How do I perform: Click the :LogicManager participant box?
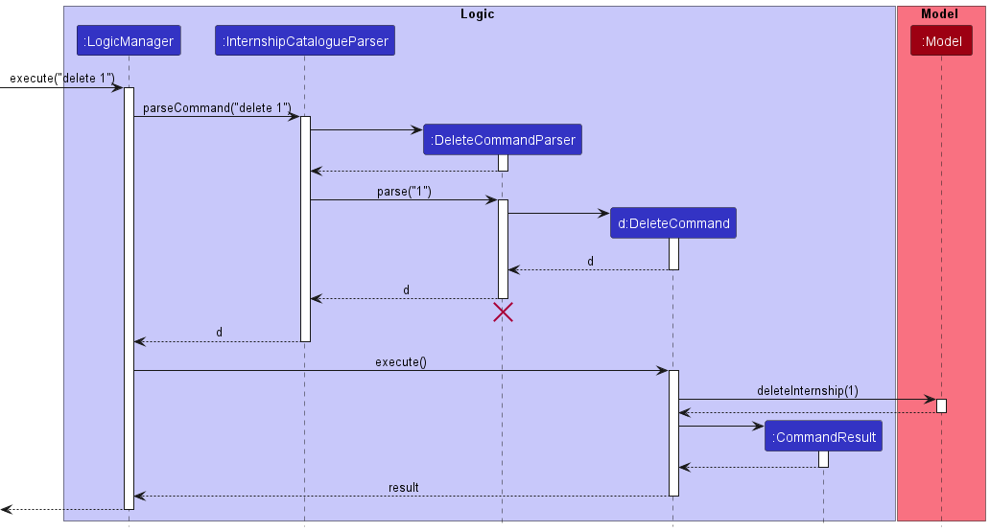pyautogui.click(x=129, y=40)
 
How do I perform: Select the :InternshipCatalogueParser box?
pyautogui.click(x=305, y=40)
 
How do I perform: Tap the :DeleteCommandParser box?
pyautogui.click(x=503, y=139)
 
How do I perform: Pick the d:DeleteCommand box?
pyautogui.click(x=673, y=222)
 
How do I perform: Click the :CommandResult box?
pyautogui.click(x=823, y=436)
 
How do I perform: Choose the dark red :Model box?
pyautogui.click(x=941, y=40)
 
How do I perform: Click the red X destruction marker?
pyautogui.click(x=504, y=312)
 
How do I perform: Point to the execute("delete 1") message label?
pyautogui.click(x=61, y=79)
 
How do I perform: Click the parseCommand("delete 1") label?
pyautogui.click(x=217, y=108)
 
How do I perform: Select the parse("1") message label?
pyautogui.click(x=404, y=191)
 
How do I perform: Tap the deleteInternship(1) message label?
pyautogui.click(x=808, y=391)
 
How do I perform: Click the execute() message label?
pyautogui.click(x=401, y=361)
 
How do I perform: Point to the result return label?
pyautogui.click(x=404, y=487)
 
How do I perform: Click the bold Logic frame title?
pyautogui.click(x=478, y=13)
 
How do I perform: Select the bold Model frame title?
pyautogui.click(x=939, y=13)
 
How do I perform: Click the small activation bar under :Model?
pyautogui.click(x=941, y=405)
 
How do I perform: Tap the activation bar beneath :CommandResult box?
pyautogui.click(x=823, y=459)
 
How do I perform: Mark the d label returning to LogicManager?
pyautogui.click(x=219, y=332)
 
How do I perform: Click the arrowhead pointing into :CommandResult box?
pyautogui.click(x=759, y=426)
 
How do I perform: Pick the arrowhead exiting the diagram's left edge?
pyautogui.click(x=7, y=509)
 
